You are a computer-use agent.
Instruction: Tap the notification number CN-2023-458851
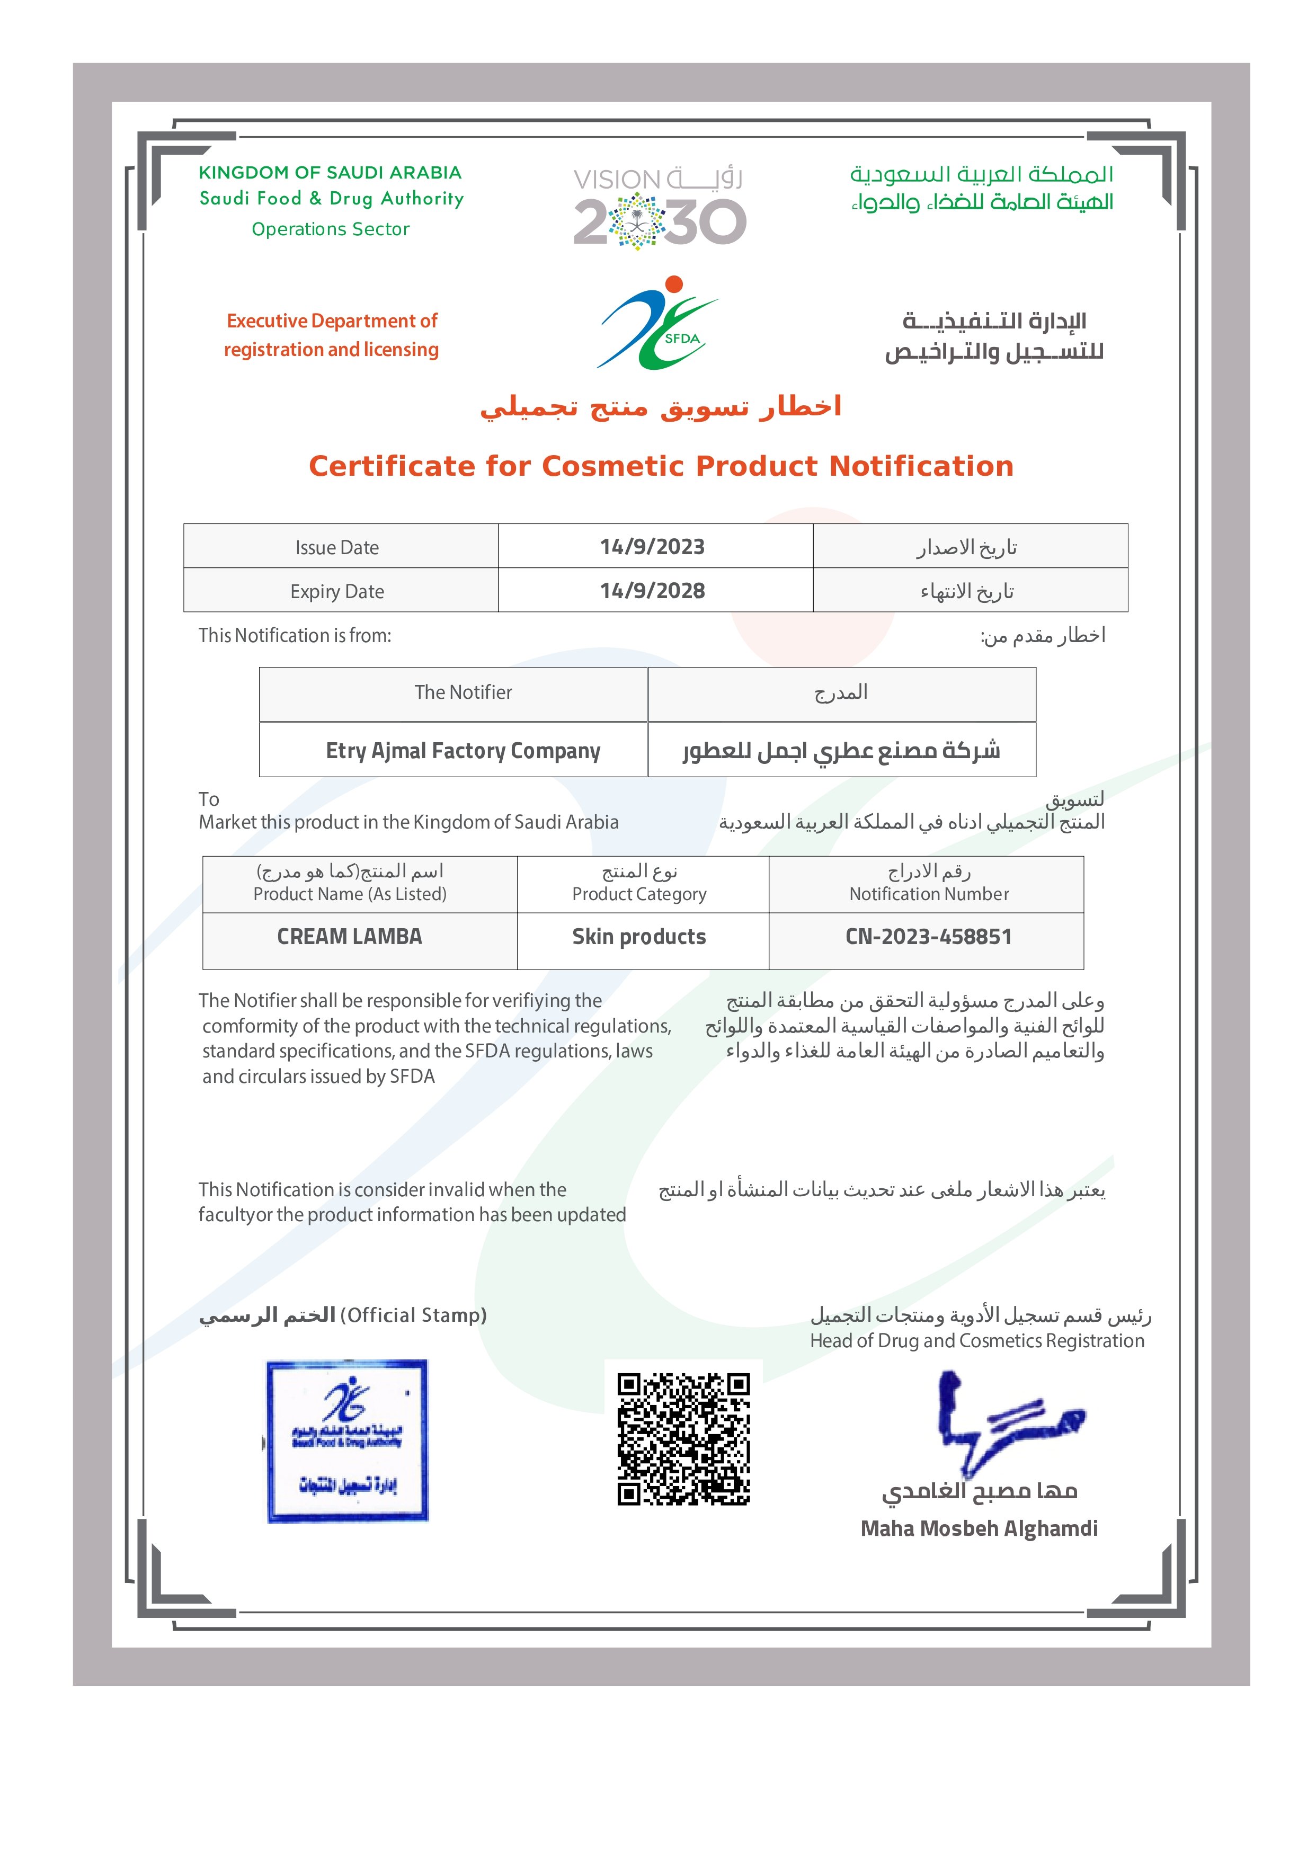929,937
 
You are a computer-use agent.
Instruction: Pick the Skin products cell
639,937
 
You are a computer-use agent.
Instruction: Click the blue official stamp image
348,1441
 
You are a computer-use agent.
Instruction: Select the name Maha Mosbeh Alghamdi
979,1529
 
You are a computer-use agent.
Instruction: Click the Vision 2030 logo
659,208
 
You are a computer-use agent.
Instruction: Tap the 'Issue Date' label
337,548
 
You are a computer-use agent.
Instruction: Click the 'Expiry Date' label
337,592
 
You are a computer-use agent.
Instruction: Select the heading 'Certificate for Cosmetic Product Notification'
661,466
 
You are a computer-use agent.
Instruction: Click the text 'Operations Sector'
331,229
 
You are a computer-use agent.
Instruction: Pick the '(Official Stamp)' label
413,1315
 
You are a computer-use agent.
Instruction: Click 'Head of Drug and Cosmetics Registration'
977,1341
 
